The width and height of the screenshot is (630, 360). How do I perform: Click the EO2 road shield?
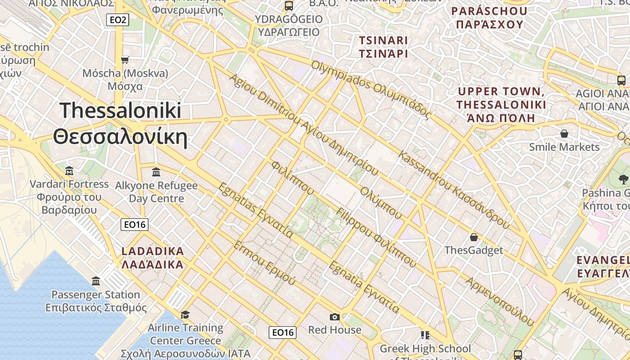pyautogui.click(x=118, y=20)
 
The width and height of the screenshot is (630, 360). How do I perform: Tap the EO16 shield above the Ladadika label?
pyautogui.click(x=135, y=224)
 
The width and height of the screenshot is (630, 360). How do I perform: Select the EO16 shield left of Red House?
pyautogui.click(x=283, y=333)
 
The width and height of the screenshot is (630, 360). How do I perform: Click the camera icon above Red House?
pyautogui.click(x=334, y=317)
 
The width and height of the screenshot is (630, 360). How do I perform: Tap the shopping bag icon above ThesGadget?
pyautogui.click(x=473, y=237)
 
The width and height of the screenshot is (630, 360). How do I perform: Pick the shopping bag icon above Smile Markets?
pyautogui.click(x=564, y=134)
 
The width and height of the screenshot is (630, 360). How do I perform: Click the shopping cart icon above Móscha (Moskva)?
pyautogui.click(x=125, y=60)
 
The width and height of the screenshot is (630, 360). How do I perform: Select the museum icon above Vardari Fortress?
pyautogui.click(x=69, y=171)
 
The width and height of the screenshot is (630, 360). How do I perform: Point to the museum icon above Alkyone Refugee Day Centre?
pyautogui.click(x=156, y=172)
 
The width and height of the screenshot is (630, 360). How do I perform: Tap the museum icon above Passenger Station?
pyautogui.click(x=96, y=281)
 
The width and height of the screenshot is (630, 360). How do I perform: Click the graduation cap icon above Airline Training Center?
pyautogui.click(x=185, y=314)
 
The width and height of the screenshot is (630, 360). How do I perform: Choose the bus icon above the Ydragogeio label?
pyautogui.click(x=289, y=6)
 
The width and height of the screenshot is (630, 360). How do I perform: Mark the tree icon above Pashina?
pyautogui.click(x=624, y=179)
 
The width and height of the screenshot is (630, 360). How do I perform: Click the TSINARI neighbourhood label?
pyautogui.click(x=383, y=47)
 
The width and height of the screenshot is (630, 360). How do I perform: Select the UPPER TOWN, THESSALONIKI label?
pyautogui.click(x=501, y=105)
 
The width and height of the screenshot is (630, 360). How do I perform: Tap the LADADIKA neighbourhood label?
pyautogui.click(x=153, y=257)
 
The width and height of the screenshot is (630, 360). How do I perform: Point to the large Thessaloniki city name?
pyautogui.click(x=120, y=123)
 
